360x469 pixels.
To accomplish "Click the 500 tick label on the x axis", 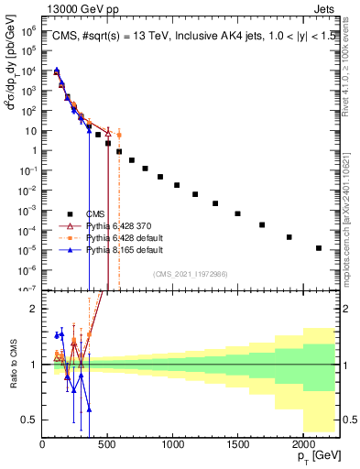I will (x=107, y=446).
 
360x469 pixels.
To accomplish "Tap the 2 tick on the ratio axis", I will (x=36, y=309).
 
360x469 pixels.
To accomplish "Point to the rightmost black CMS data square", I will (x=319, y=248).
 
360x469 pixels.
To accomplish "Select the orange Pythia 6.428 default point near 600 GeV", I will (x=119, y=135).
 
